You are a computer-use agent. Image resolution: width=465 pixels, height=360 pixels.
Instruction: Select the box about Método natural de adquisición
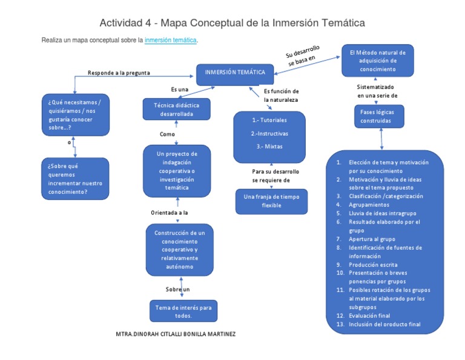click(377, 61)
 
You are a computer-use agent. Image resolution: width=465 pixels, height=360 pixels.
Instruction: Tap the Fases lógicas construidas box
click(380, 116)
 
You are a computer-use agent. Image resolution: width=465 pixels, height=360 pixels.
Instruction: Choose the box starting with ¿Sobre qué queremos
click(75, 179)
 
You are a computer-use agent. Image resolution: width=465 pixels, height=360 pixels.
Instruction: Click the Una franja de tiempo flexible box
click(271, 201)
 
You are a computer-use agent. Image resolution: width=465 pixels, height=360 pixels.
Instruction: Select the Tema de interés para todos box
click(183, 312)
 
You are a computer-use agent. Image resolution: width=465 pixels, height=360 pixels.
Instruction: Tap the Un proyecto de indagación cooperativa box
click(177, 171)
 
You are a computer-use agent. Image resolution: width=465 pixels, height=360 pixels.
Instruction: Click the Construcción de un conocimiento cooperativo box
click(180, 250)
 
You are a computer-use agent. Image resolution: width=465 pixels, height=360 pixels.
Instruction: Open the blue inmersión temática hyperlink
click(171, 40)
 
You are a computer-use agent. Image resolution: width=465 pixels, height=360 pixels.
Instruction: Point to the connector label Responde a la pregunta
click(119, 73)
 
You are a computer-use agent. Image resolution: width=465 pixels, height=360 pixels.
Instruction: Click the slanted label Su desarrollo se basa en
click(303, 56)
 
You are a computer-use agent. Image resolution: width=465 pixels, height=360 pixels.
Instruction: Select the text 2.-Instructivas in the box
click(269, 133)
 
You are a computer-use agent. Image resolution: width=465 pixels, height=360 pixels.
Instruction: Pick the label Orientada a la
click(169, 213)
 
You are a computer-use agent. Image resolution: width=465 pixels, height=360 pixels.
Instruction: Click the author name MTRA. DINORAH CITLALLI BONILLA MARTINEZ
click(175, 334)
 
